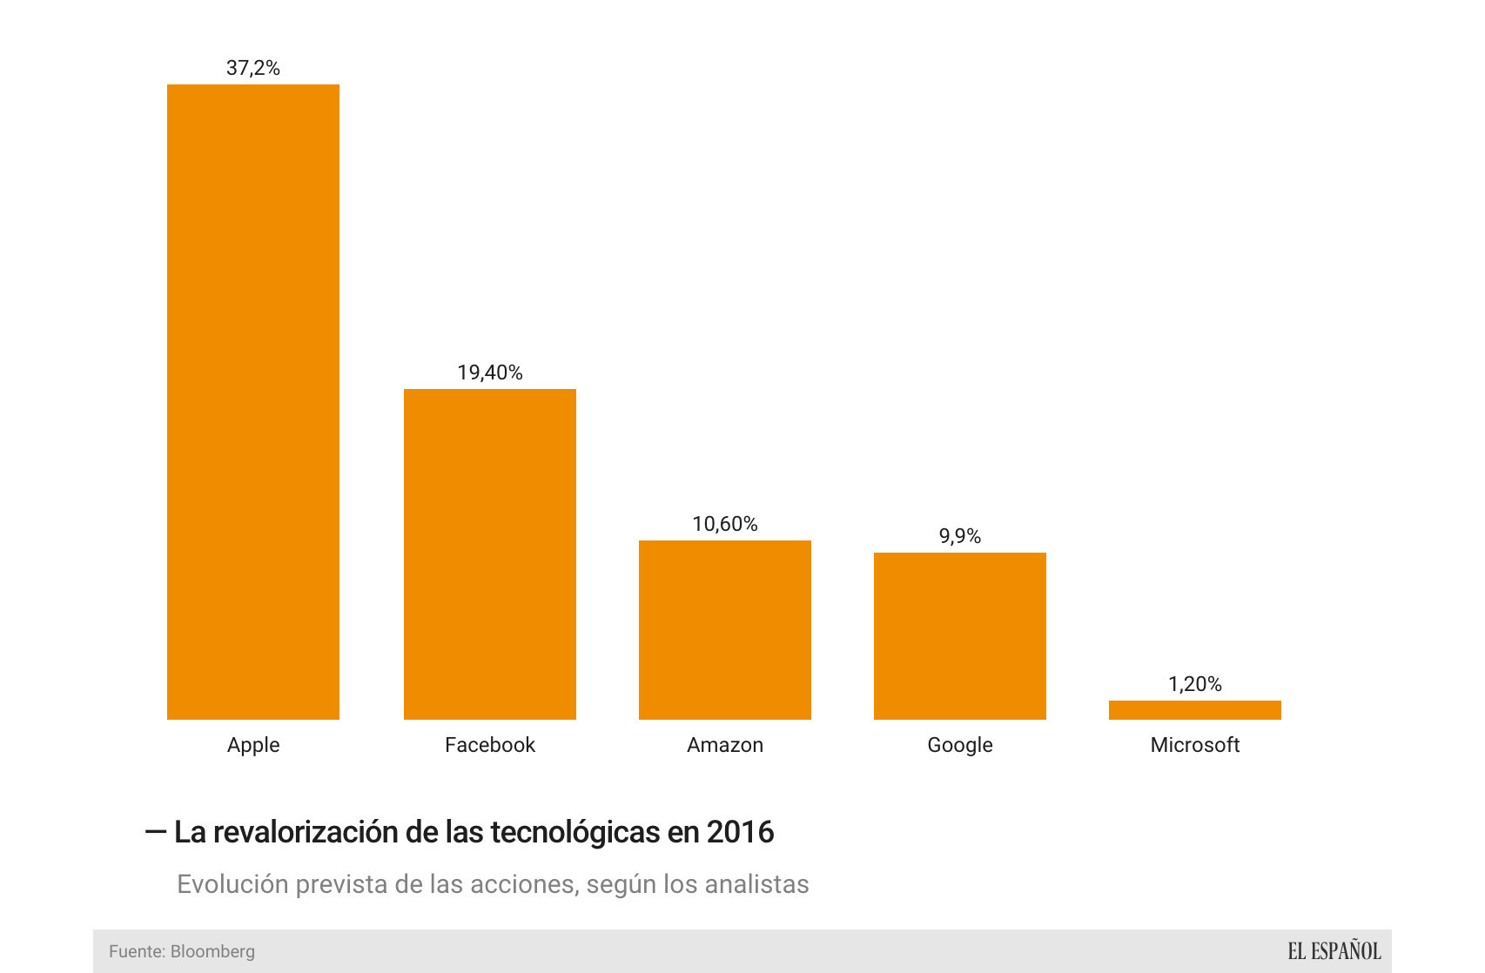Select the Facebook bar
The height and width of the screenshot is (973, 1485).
pyautogui.click(x=490, y=554)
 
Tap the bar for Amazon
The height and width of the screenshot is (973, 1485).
pyautogui.click(x=725, y=630)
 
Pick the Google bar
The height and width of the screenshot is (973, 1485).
pyautogui.click(x=960, y=636)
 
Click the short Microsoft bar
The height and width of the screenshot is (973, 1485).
pyautogui.click(x=1195, y=710)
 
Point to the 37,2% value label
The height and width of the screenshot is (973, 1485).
pyautogui.click(x=253, y=68)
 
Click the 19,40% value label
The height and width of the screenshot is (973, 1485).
pyautogui.click(x=490, y=372)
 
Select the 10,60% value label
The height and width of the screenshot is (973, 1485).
pyautogui.click(x=725, y=524)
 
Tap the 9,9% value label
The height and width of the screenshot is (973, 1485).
pyautogui.click(x=960, y=536)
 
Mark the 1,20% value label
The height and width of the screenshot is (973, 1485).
pyautogui.click(x=1195, y=684)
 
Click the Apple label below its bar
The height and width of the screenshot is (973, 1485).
pyautogui.click(x=253, y=745)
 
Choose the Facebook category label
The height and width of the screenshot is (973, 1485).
pyautogui.click(x=490, y=745)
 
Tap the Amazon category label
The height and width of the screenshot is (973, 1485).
pyautogui.click(x=725, y=745)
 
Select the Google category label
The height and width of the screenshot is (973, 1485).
pyautogui.click(x=960, y=745)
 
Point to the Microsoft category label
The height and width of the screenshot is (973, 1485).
pyautogui.click(x=1195, y=745)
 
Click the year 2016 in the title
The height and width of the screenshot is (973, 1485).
pyautogui.click(x=740, y=832)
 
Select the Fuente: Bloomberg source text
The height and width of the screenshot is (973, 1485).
pyautogui.click(x=182, y=951)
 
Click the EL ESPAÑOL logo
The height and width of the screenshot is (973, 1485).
pyautogui.click(x=1334, y=951)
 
